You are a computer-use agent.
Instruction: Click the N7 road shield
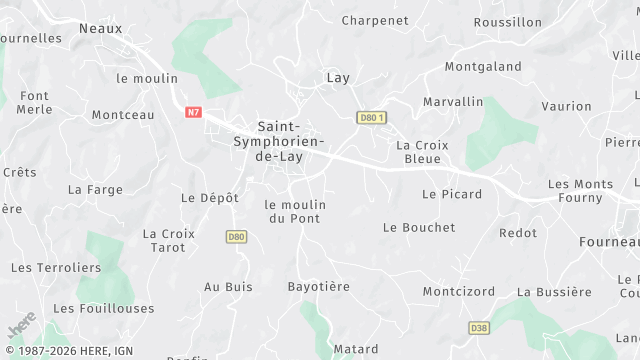[194, 113]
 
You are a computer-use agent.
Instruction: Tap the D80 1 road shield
[371, 118]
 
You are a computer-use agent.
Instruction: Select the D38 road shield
[478, 327]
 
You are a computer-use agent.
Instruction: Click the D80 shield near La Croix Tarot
[236, 237]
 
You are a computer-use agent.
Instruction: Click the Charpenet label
[374, 20]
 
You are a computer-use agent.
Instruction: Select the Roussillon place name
[507, 22]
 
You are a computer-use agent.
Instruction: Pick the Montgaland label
[483, 67]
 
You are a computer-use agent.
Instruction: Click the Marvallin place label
[453, 102]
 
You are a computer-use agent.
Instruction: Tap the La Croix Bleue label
[422, 152]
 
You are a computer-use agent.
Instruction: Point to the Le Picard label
[452, 194]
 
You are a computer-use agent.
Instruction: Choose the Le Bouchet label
[419, 228]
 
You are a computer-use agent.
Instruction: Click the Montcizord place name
[458, 292]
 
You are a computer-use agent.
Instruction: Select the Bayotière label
[319, 287]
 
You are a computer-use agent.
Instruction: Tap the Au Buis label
[228, 287]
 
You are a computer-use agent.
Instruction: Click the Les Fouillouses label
[104, 309]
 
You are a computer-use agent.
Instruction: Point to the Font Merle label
[34, 102]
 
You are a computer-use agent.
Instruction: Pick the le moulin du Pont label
[295, 211]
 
